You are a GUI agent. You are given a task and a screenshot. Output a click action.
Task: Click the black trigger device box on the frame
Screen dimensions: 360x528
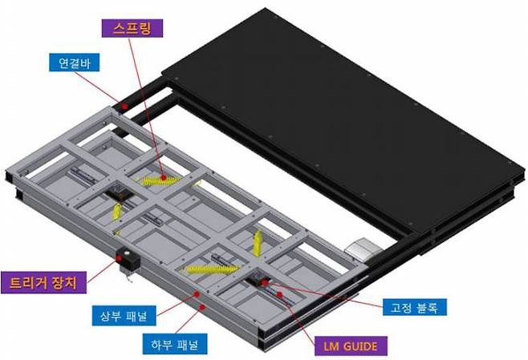(x=124, y=261)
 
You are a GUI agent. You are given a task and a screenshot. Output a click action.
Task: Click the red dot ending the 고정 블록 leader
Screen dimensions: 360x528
(x=280, y=294)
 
